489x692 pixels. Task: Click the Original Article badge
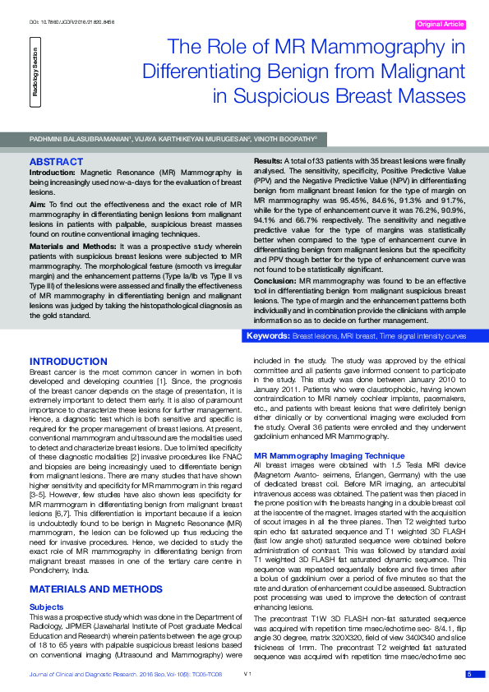[442, 25]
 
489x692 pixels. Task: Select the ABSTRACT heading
[56, 161]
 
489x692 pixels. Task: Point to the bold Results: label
[270, 160]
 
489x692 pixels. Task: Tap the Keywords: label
[270, 337]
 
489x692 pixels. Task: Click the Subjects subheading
[46, 583]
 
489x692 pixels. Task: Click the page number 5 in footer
[469, 674]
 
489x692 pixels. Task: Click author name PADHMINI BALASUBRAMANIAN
[79, 141]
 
